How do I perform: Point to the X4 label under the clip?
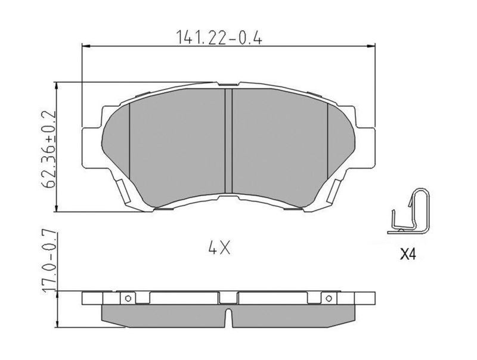pos(407,255)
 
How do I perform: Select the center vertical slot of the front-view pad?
pos(228,141)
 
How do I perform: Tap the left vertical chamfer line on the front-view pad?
pos(129,137)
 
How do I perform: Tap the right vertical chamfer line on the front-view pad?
pos(328,137)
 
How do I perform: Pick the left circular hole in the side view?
pos(128,297)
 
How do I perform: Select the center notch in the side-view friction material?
pos(228,314)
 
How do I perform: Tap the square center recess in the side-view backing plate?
pos(228,297)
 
